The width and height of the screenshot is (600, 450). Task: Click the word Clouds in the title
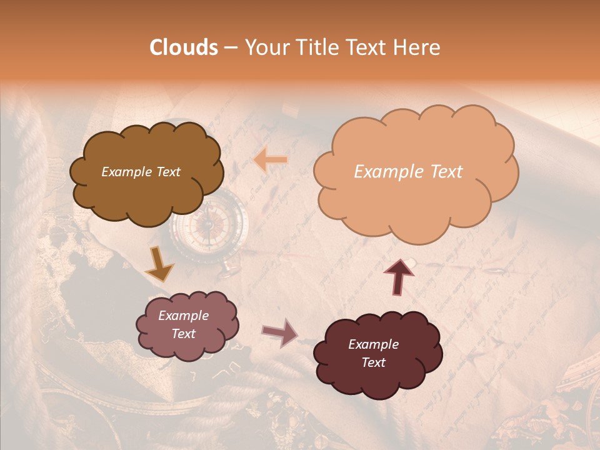point(184,47)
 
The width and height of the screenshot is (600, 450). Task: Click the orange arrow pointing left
point(271,160)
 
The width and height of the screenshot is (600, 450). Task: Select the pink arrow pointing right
point(280,332)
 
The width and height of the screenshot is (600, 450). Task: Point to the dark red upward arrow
point(399,276)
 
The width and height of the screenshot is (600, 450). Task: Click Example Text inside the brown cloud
point(141,172)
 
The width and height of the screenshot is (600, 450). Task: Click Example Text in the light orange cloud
point(408,172)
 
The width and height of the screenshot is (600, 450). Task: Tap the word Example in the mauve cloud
point(183,316)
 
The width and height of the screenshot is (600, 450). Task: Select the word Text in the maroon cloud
point(373,362)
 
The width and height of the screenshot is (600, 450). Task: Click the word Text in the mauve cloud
point(183,334)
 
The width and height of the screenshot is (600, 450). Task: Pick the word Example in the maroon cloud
point(373,344)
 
